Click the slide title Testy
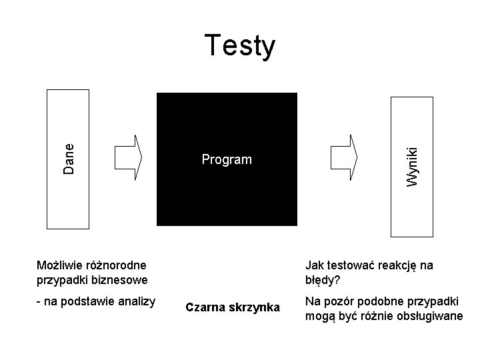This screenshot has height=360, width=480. tap(240, 46)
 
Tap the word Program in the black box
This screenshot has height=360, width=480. tap(227, 160)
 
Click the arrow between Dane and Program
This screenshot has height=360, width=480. tap(129, 157)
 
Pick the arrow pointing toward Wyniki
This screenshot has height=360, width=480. tap(344, 157)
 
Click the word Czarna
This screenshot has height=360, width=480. tap(205, 307)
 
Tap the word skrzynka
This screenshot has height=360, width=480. tap(254, 307)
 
